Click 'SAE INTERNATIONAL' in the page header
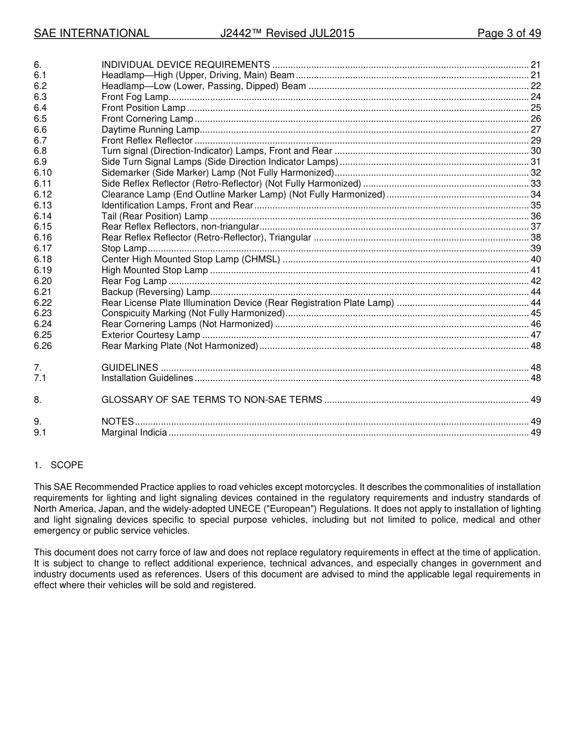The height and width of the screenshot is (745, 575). coord(91,33)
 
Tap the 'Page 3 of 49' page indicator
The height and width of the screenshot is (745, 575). coord(508,33)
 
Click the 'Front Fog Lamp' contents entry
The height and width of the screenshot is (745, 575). coord(134,97)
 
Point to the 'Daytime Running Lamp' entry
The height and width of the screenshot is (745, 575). coord(149,130)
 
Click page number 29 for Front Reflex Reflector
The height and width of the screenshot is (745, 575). coord(535,141)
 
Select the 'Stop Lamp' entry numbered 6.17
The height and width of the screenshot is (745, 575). coord(124,248)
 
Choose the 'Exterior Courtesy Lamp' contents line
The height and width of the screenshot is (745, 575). coord(151,335)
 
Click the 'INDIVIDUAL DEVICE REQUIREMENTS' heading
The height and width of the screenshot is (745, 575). coord(185,65)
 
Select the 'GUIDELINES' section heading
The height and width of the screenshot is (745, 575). coord(130,368)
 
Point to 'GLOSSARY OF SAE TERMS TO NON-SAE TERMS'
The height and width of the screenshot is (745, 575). coord(211,400)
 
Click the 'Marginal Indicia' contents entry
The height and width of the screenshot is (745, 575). coord(134,432)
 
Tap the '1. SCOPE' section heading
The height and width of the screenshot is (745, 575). coord(59,465)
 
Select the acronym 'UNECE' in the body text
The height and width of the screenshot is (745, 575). coord(229,509)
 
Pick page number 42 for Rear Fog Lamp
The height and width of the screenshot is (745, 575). coord(535,281)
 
